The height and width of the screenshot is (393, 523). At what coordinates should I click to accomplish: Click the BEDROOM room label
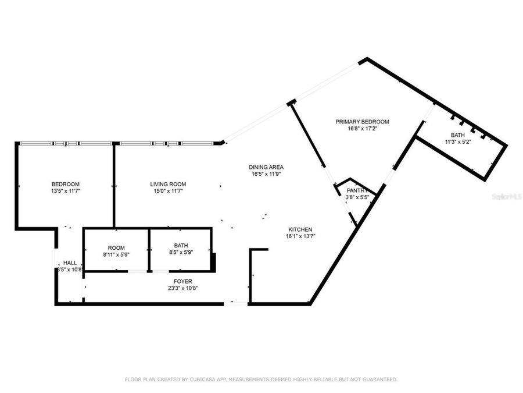[65, 184]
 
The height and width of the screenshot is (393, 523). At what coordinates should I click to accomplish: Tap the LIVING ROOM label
[168, 184]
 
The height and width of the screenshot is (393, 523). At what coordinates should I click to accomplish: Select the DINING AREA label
[267, 167]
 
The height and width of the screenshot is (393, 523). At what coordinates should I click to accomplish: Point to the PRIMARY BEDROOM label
[362, 122]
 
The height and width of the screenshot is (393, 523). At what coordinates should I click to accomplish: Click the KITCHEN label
[299, 229]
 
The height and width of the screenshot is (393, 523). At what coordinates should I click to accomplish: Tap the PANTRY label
[358, 190]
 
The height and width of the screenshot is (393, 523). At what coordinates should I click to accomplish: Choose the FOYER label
[175, 281]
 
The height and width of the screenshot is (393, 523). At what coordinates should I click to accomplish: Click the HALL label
[70, 263]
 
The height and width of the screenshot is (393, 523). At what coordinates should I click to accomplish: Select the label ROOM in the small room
[116, 247]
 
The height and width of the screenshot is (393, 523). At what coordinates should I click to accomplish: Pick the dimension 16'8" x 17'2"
[362, 129]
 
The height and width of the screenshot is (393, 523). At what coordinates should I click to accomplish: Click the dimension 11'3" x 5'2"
[457, 141]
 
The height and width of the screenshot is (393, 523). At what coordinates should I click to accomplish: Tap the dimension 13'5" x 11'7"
[65, 191]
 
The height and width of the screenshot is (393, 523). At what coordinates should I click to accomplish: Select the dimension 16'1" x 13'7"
[300, 236]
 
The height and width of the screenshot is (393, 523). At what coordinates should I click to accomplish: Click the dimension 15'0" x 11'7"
[168, 191]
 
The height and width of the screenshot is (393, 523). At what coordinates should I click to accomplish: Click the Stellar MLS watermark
[507, 197]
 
